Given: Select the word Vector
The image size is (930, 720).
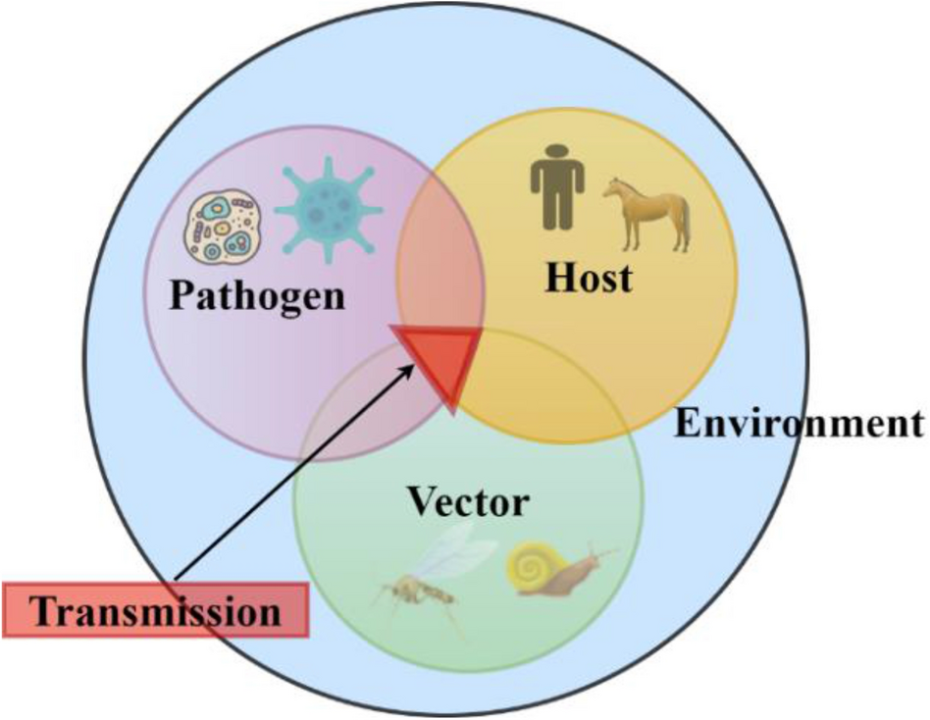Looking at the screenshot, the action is click(x=469, y=503).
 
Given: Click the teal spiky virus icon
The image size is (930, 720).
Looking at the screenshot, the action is click(x=326, y=207).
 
